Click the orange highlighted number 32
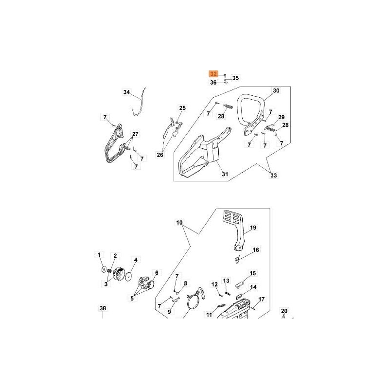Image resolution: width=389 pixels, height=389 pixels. (213, 74)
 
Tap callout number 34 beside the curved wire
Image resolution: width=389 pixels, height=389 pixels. (127, 92)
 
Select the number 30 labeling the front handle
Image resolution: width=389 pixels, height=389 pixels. (276, 91)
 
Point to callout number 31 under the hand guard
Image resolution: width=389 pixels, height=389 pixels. (225, 174)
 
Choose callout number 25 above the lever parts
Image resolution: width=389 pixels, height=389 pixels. (182, 108)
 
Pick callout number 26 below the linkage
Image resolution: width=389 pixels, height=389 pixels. (160, 155)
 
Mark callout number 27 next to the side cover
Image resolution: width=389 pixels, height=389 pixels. (135, 134)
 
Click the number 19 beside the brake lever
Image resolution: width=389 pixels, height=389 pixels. (253, 227)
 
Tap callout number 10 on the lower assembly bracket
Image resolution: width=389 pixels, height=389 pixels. (179, 223)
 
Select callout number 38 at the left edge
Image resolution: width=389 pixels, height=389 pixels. (102, 308)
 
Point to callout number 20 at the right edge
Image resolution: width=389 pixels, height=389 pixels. (284, 311)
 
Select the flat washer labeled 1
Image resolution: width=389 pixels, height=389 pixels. (104, 269)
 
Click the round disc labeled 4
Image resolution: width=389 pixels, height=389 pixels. (129, 276)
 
